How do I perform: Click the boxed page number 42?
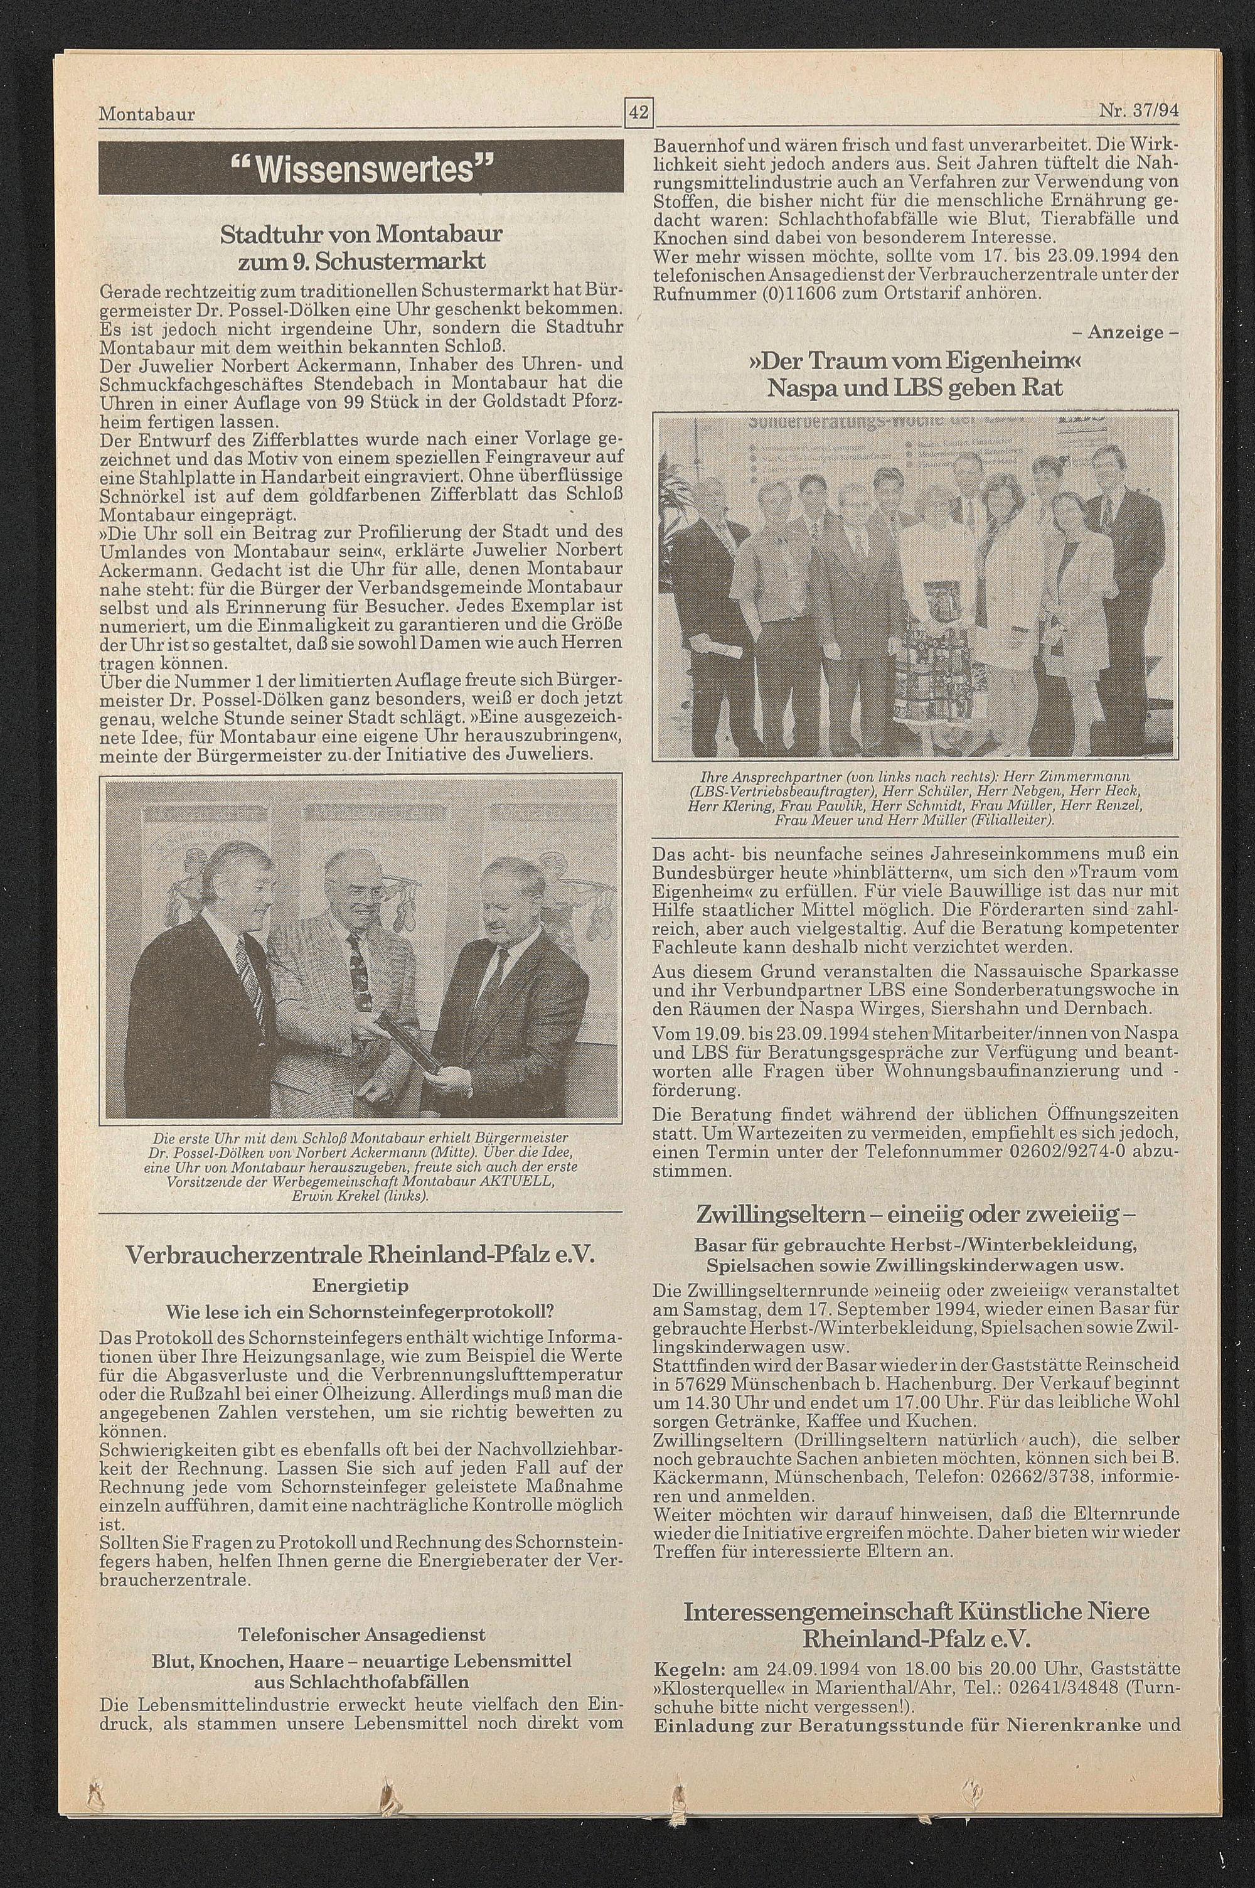click(639, 113)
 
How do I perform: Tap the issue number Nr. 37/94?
click(1139, 112)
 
